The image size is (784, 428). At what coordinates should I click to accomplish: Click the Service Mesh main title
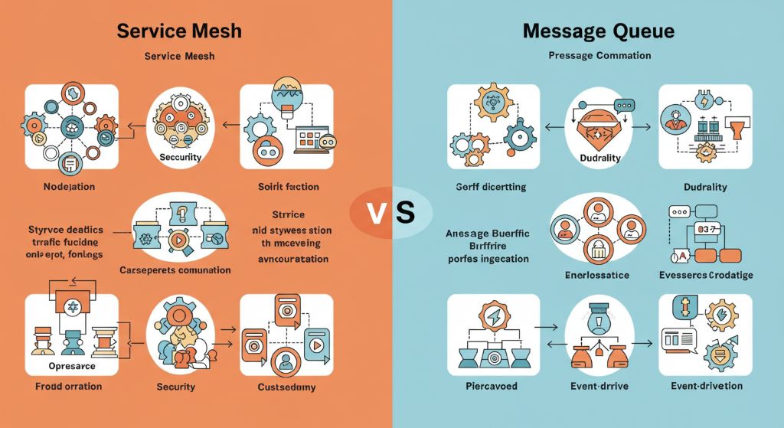(179, 31)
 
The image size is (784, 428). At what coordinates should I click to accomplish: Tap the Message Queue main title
(599, 31)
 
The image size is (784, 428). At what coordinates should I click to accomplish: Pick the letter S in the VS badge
(406, 212)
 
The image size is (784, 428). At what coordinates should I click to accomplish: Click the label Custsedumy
(286, 386)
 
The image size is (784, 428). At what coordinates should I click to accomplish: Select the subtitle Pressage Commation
(599, 55)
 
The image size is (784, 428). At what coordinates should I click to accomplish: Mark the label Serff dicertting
(489, 187)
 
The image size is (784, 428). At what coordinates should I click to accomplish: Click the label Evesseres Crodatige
(705, 274)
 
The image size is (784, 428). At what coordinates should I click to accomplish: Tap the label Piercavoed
(492, 386)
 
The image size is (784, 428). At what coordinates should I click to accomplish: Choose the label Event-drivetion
(704, 386)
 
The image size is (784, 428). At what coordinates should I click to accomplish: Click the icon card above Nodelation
(72, 127)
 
